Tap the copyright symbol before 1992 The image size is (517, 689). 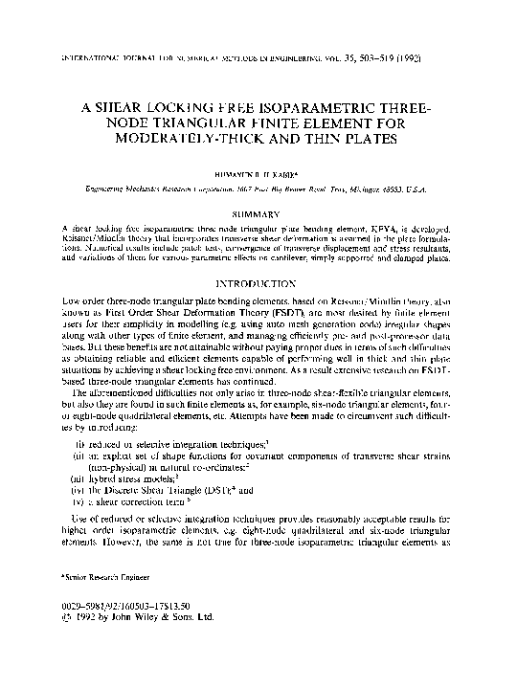tap(65, 621)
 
